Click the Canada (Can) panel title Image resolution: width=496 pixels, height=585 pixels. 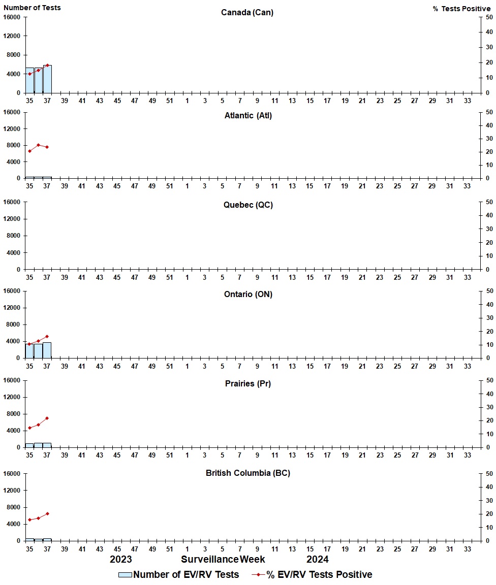(247, 12)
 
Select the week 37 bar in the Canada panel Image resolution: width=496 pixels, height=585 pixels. (47, 80)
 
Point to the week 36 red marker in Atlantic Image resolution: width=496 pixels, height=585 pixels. (38, 145)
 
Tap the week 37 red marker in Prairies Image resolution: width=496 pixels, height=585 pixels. (47, 418)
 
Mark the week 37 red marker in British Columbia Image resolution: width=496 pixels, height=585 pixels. (47, 513)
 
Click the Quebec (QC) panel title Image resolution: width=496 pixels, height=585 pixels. (248, 205)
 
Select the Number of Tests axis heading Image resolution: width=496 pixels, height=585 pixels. (32, 8)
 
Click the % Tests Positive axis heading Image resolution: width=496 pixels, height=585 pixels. (462, 9)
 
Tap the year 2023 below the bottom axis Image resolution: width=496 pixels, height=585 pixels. (121, 559)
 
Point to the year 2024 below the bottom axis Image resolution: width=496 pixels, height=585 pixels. (317, 559)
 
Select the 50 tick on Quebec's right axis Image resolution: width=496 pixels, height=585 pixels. (489, 202)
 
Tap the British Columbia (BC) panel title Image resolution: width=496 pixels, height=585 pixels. (248, 473)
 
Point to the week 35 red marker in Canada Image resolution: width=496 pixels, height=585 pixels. (29, 74)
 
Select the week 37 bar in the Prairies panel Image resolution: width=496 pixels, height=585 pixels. (47, 445)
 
